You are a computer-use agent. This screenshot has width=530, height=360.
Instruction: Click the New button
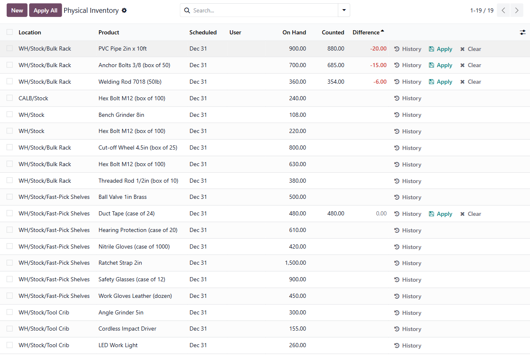click(x=17, y=10)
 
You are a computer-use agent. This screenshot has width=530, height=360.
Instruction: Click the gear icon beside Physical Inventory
click(x=124, y=10)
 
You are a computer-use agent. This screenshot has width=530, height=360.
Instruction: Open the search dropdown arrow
click(x=344, y=10)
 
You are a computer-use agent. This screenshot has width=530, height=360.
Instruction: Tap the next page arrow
click(x=517, y=10)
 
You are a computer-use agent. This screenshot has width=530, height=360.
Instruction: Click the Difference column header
click(x=366, y=32)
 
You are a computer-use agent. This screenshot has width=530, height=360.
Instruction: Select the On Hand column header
click(x=294, y=32)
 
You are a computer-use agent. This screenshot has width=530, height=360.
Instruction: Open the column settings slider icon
click(x=523, y=32)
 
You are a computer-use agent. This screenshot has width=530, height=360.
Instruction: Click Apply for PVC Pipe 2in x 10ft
click(x=440, y=49)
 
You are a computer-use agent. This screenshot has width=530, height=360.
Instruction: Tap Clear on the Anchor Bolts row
click(x=471, y=65)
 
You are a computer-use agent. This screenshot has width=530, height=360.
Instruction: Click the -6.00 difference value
click(x=380, y=82)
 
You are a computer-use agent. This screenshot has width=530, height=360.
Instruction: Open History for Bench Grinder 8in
click(x=408, y=115)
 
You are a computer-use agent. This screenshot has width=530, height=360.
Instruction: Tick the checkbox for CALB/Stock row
click(x=10, y=98)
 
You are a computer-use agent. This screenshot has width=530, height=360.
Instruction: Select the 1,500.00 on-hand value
click(x=295, y=263)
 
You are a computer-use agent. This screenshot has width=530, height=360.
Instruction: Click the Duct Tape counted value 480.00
click(x=336, y=213)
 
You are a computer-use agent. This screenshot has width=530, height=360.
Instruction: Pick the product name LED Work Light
click(x=118, y=345)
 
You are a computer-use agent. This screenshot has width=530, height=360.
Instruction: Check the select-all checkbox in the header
click(x=10, y=32)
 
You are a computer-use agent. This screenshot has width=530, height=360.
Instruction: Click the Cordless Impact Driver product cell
click(x=127, y=329)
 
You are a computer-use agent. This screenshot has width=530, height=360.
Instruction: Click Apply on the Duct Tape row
click(x=440, y=214)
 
